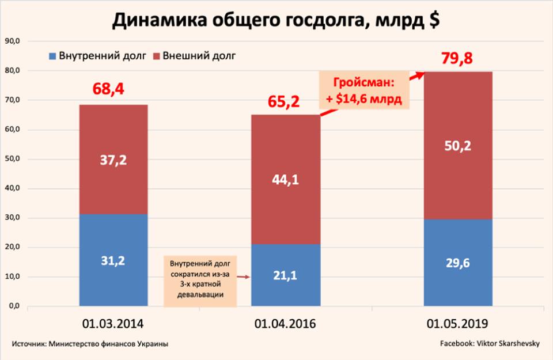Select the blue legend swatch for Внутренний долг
pos(52,56)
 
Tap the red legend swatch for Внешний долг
pos(156,56)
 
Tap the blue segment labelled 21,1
pos(285,275)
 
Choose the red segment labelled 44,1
pos(285,179)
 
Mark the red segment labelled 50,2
pos(458,146)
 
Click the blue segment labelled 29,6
pos(458,262)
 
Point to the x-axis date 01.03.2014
pos(113,323)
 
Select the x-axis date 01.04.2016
pos(285,323)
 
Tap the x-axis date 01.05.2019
pos(458,323)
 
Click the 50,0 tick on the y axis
pos(13,159)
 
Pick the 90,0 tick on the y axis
pos(13,41)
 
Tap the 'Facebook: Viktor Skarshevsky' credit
pos(490,344)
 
